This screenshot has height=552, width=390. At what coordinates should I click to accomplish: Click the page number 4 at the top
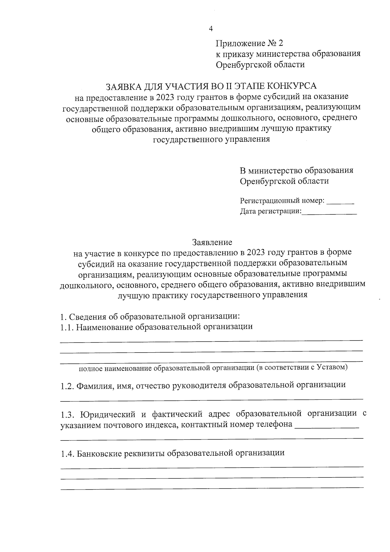(x=211, y=29)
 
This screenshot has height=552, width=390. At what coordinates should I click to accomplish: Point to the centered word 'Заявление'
(x=212, y=242)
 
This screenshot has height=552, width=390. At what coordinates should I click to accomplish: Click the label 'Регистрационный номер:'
(x=282, y=201)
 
